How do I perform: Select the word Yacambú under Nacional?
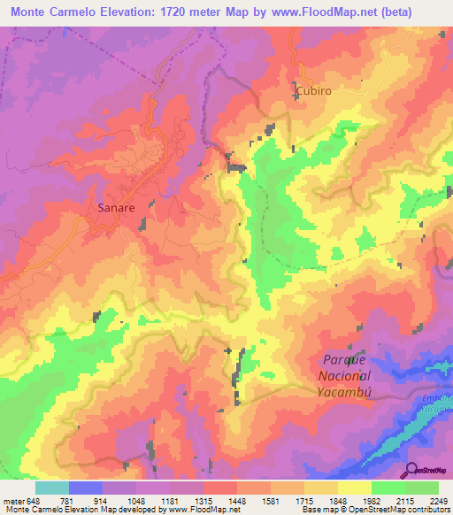[346, 391]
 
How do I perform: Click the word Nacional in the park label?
[345, 376]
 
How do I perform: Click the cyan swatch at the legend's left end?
[51, 488]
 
